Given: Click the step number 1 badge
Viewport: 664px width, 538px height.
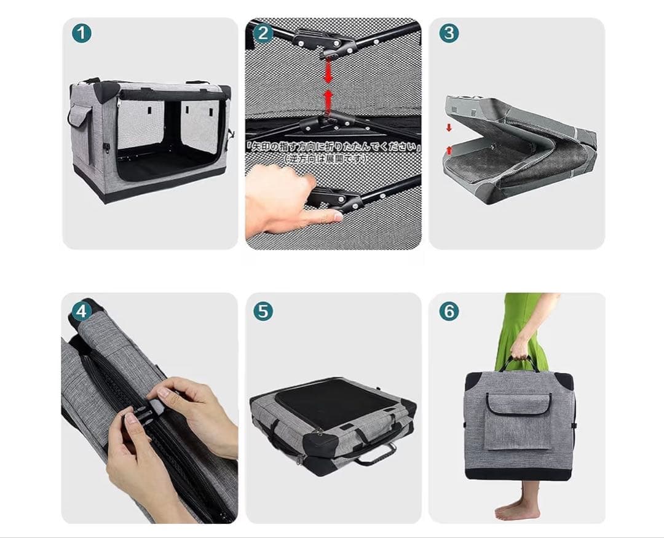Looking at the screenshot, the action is pos(82,33).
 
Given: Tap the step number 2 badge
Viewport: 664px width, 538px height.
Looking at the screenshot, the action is pos(263,33).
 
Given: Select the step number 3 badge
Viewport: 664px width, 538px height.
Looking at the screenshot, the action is pos(449,33).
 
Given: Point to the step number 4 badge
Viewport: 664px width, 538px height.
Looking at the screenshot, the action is pos(81,311).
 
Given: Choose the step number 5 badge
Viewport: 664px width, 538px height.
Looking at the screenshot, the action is pos(263,311).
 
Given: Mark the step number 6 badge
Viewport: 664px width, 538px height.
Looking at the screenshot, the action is pos(449,311).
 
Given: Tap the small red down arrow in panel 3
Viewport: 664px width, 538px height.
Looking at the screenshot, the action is pos(449,127).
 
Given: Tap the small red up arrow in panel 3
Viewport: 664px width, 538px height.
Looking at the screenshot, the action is pos(449,149).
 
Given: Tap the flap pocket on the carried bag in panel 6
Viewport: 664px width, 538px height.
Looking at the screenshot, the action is pos(518,421).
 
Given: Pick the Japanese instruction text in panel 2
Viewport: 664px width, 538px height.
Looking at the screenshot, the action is pos(333,147).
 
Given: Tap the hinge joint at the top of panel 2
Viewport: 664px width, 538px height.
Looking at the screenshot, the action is pos(326,42).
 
